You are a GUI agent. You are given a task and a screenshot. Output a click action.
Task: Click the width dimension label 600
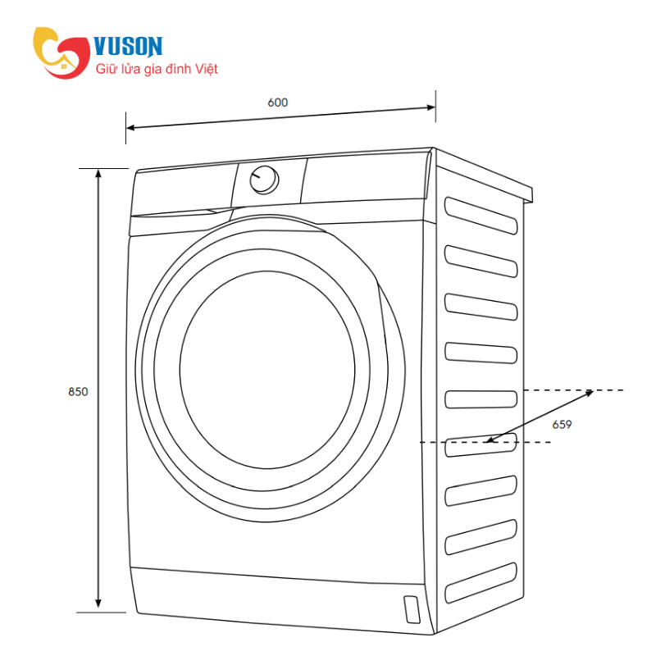point(278,102)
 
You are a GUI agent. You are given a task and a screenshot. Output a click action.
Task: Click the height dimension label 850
point(78,392)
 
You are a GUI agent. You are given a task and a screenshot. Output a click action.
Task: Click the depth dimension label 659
point(562,425)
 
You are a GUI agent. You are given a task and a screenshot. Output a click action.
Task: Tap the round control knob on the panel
point(264,180)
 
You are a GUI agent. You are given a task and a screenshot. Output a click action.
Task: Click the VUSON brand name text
point(128,46)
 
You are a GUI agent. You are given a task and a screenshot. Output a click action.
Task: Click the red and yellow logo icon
point(61,52)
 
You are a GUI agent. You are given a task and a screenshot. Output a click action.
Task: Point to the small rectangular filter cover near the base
point(412,609)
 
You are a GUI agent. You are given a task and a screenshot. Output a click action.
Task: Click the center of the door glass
point(267,370)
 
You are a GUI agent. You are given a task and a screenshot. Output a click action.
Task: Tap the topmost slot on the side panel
point(481,216)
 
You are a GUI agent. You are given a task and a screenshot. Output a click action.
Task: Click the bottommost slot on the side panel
point(481,583)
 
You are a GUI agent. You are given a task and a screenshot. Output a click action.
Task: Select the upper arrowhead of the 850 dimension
point(98,173)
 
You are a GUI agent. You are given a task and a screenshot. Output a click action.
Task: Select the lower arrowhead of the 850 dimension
point(98,603)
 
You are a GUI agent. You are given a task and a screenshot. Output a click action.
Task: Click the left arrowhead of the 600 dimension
point(130,127)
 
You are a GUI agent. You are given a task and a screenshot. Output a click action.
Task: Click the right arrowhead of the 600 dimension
point(431,107)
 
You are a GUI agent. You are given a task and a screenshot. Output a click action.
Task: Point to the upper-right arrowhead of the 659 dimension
point(589,393)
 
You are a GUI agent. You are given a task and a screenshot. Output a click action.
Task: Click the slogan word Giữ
point(106,69)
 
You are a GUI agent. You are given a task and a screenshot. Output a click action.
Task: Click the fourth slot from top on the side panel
point(481,353)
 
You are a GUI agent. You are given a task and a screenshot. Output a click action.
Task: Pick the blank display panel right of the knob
point(365,177)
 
